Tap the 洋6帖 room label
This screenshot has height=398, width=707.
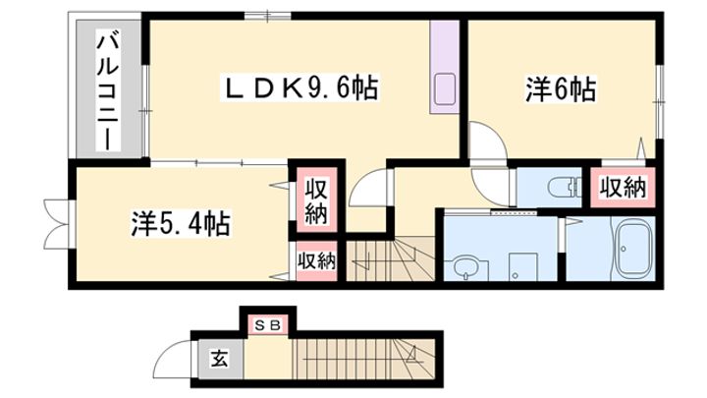pos(561,90)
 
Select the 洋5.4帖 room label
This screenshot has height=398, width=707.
pos(181,224)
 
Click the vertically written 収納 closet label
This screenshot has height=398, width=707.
pos(313,199)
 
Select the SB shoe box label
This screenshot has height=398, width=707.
pos(268,323)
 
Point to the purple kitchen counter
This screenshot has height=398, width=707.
pos(444,70)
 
